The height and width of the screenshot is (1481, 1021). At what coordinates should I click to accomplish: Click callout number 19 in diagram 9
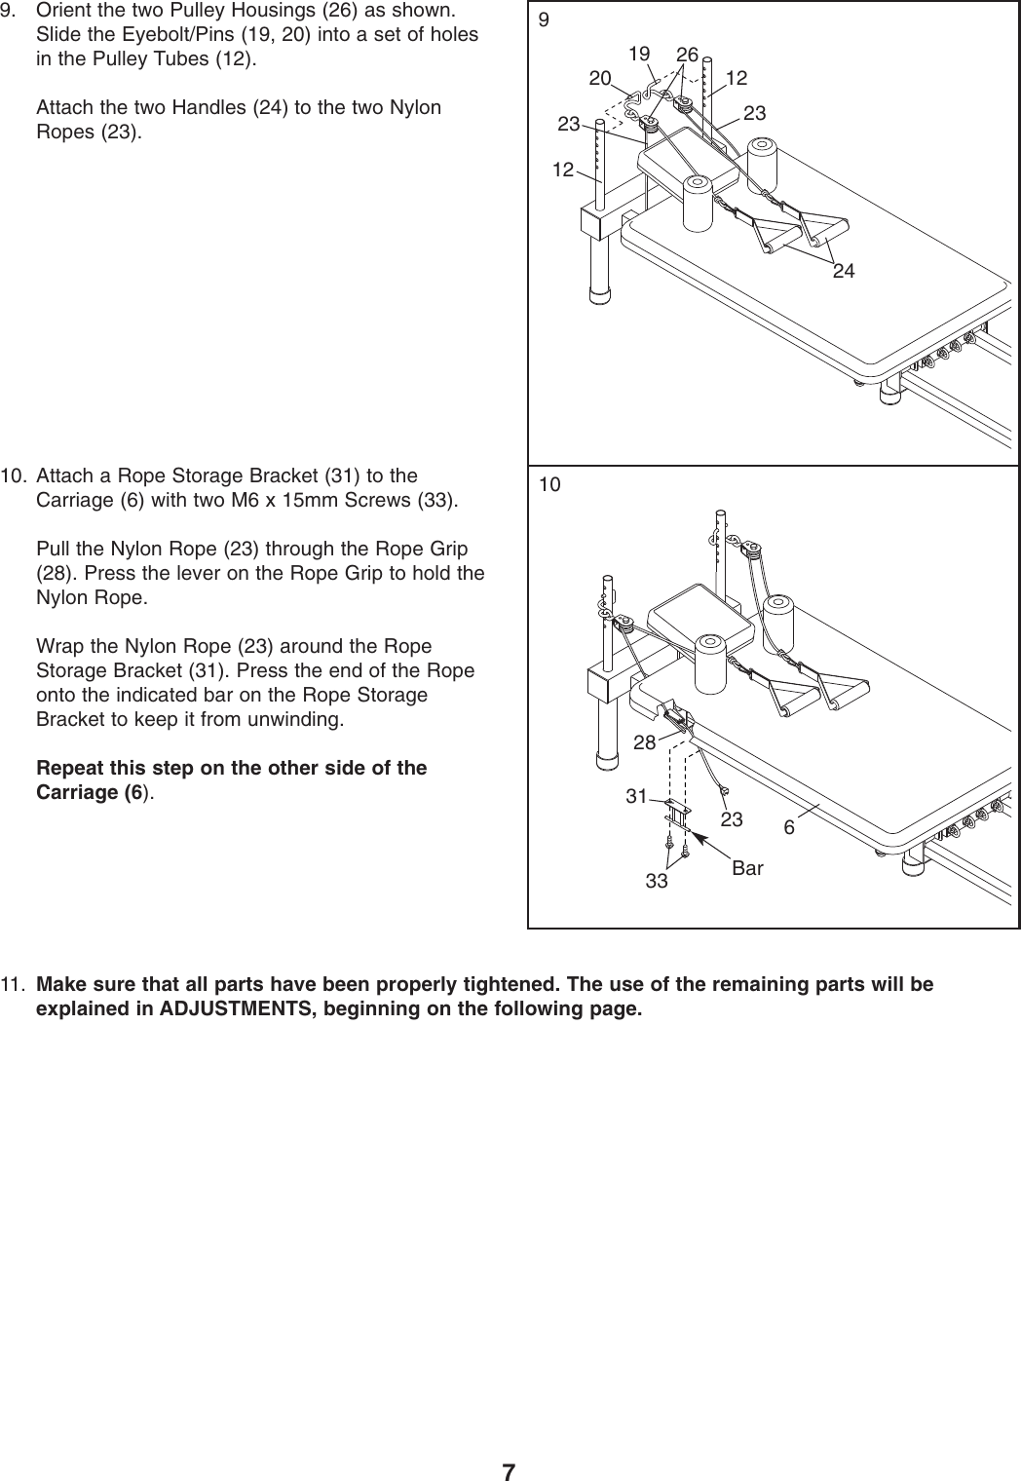pos(638,55)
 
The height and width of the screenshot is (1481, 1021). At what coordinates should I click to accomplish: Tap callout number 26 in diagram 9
pos(687,55)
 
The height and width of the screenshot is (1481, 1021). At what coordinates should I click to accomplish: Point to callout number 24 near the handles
pos(844,272)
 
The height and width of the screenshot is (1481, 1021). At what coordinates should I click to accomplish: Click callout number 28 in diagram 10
pos(643,743)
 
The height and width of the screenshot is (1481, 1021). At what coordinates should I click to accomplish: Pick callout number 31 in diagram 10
pos(637,796)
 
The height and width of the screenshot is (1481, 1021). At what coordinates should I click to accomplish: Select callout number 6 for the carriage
pos(789,827)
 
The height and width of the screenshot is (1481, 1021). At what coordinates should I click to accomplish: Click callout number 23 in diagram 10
pos(731,820)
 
